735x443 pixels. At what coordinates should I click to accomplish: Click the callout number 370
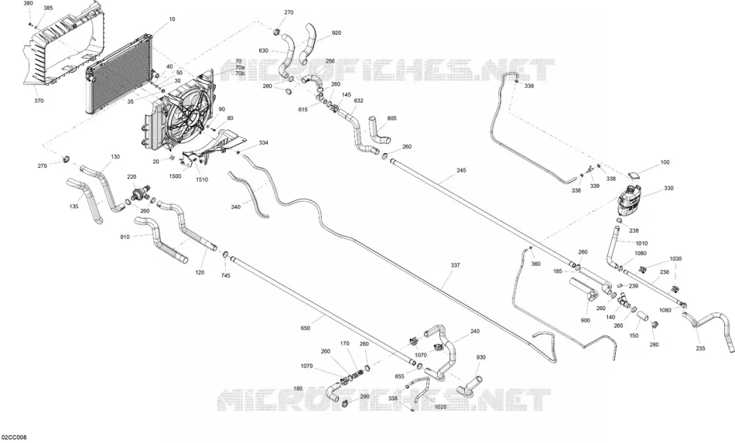pos(39,101)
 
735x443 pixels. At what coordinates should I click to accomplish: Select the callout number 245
pos(461,170)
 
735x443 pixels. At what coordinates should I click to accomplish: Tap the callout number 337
pos(455,265)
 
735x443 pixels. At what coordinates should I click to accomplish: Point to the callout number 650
pos(305,329)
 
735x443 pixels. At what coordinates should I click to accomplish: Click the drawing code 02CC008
pos(14,438)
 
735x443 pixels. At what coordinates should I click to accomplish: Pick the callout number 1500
pos(175,176)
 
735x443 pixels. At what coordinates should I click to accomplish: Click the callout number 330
pos(668,188)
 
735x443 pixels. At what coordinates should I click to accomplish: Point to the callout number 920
pos(336,32)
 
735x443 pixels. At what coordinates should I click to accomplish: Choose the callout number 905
pos(391,118)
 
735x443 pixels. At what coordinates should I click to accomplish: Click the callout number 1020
pos(441,407)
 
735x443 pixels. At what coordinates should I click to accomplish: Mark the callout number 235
pos(700,349)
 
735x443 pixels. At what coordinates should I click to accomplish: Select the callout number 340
pos(236,206)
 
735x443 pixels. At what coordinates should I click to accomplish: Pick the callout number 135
pos(74,206)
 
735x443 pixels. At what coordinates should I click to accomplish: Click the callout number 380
pos(28,3)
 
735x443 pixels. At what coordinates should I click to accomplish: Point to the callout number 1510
pos(202,179)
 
